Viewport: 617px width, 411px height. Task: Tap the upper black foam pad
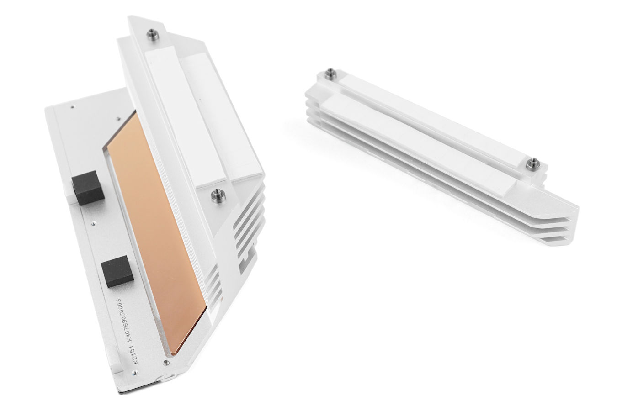coord(88,188)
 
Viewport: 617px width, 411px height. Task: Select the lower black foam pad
coord(117,271)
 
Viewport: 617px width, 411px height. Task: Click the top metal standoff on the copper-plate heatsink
coord(153,35)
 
